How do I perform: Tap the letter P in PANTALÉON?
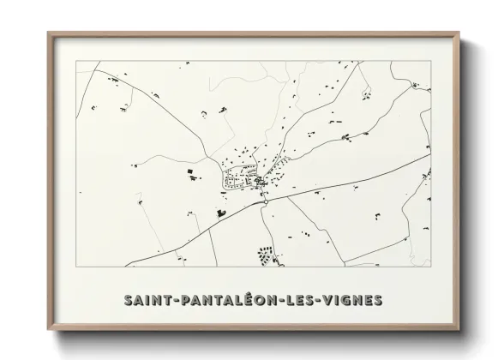189,301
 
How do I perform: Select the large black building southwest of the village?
220,211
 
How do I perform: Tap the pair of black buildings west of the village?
189,174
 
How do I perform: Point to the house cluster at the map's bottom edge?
266,255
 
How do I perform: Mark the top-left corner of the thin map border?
75,61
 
